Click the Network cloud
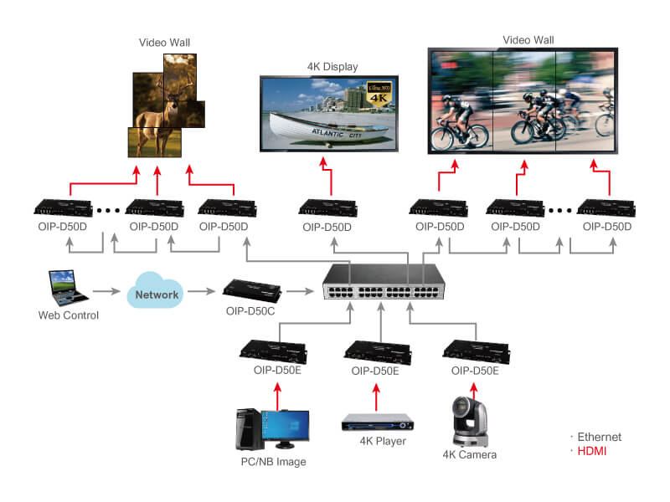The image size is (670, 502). pyautogui.click(x=157, y=294)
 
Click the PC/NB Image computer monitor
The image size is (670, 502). pyautogui.click(x=285, y=428)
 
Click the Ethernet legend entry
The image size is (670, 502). pyautogui.click(x=598, y=438)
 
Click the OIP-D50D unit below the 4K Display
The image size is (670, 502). pyautogui.click(x=327, y=207)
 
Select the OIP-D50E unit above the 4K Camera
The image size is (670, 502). pyautogui.click(x=474, y=349)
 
